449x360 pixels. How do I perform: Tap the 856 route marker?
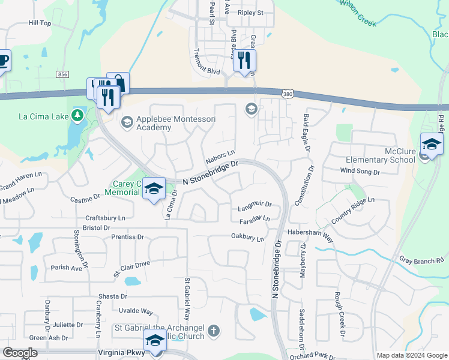click(x=63, y=74)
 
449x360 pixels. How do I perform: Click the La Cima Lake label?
click(x=41, y=116)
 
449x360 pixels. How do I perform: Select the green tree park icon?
click(x=77, y=115)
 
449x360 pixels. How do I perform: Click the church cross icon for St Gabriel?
click(x=213, y=331)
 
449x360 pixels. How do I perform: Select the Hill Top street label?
click(x=40, y=23)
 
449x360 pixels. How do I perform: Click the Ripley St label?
click(x=250, y=13)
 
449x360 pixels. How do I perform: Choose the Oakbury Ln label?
click(x=247, y=238)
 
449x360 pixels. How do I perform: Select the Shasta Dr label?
click(x=113, y=296)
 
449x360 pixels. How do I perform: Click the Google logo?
click(x=20, y=353)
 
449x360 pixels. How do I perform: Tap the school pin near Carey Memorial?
click(x=154, y=188)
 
